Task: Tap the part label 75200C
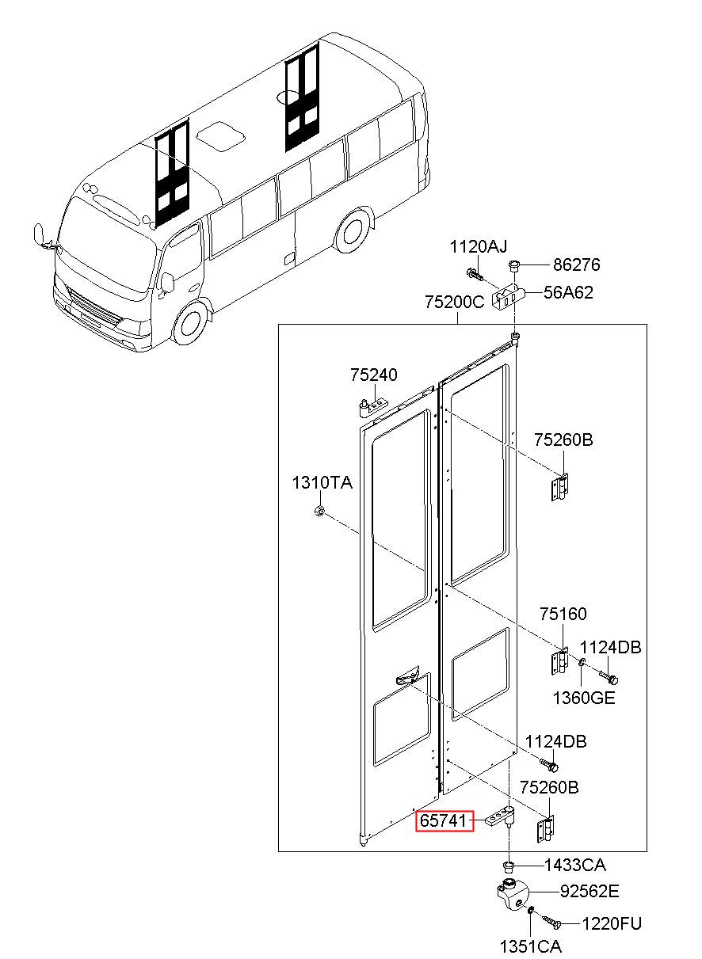pos(455,302)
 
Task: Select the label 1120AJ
pos(478,246)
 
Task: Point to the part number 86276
pos(577,264)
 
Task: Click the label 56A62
pos(568,292)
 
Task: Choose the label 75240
pos(374,375)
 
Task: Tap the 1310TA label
pos(322,482)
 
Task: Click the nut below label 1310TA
pos(319,511)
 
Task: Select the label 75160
pos(563,614)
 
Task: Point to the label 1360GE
pos(584,698)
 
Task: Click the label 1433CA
pos(575,866)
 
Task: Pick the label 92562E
pos(589,892)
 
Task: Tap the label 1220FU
pos(612,924)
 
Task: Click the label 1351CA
pos(531,946)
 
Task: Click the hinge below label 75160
pos(559,661)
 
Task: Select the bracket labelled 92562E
pos(513,894)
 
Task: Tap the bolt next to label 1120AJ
pos(474,273)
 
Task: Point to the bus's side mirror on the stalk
pos(39,234)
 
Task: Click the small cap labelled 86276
pos(513,265)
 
